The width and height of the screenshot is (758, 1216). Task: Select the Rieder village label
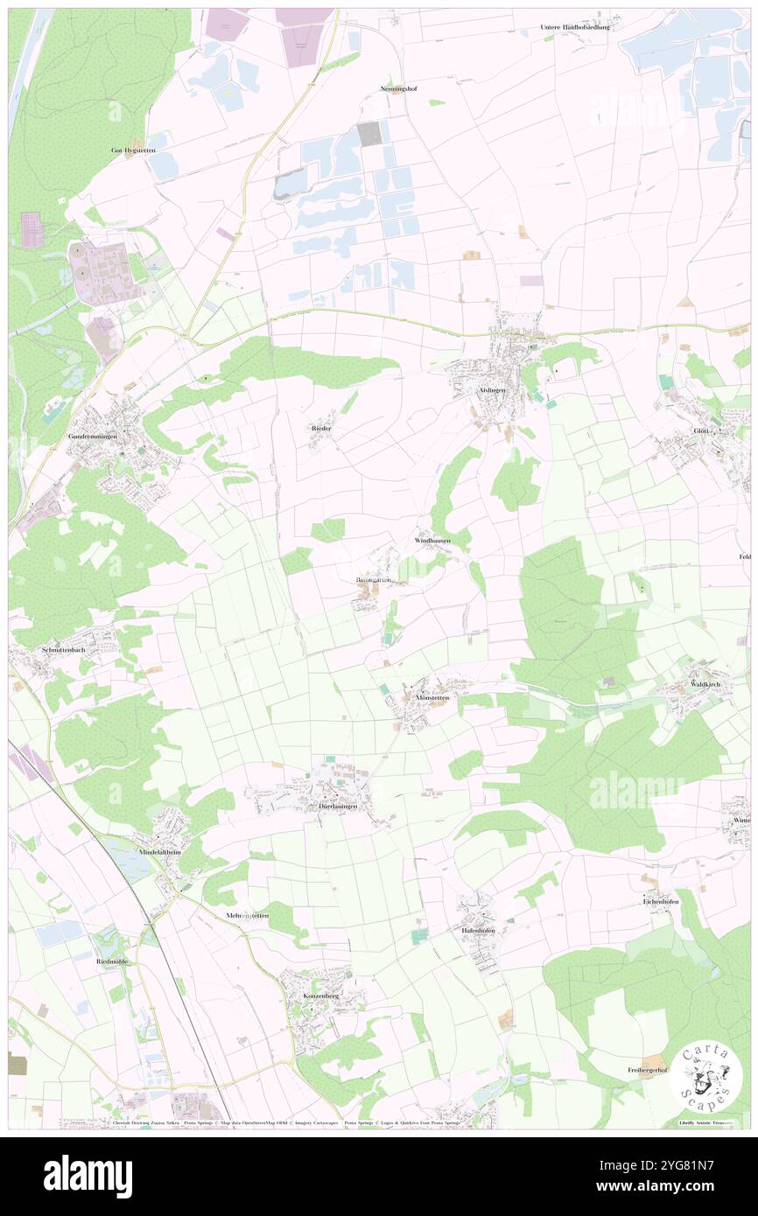(321, 428)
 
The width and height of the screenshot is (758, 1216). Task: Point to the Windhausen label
(432, 542)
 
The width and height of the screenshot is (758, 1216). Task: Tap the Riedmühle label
(111, 961)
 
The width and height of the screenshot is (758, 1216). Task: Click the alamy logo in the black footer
(88, 1176)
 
